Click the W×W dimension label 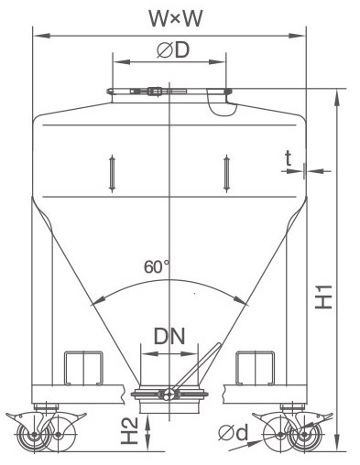[175, 18]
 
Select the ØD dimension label [173, 50]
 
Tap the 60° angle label [156, 266]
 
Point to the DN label [169, 336]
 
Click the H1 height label [324, 297]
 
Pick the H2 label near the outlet [130, 431]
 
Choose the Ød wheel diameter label [233, 433]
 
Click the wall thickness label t [289, 158]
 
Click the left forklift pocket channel [83, 368]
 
